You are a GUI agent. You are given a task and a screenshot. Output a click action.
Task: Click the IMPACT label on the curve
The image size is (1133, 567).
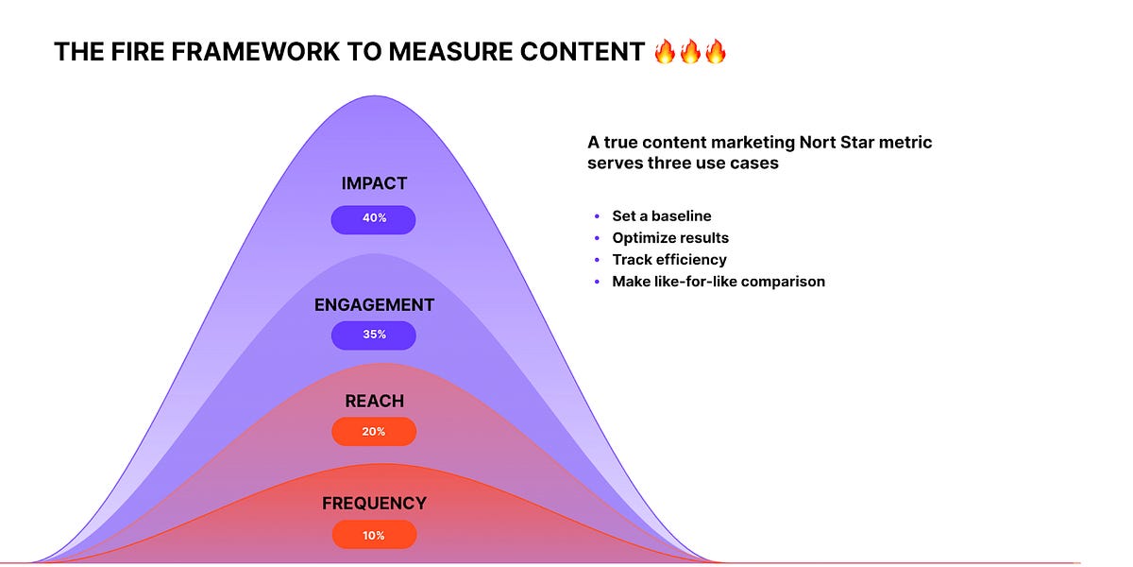click(x=374, y=184)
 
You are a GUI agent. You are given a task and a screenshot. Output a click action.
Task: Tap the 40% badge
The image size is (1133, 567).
click(x=374, y=218)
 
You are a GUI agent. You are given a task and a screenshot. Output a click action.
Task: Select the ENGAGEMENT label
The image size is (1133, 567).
click(x=374, y=305)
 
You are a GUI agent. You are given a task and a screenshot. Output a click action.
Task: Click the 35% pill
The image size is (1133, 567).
click(x=374, y=335)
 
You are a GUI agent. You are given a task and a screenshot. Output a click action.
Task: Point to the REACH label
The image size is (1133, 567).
click(x=374, y=402)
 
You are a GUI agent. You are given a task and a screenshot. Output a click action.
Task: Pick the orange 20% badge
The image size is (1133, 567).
click(x=374, y=431)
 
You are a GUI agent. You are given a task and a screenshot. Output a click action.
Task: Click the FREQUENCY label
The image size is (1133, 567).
click(x=374, y=504)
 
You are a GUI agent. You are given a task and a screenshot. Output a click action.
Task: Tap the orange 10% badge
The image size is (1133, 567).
click(x=374, y=535)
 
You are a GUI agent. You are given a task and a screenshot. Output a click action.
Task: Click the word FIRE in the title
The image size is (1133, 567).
click(x=142, y=52)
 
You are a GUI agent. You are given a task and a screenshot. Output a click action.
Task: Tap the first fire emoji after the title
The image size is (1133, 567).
click(x=666, y=51)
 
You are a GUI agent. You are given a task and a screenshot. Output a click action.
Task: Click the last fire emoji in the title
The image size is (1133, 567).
click(x=716, y=51)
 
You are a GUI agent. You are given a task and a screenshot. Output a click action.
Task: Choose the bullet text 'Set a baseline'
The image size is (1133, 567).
click(x=662, y=216)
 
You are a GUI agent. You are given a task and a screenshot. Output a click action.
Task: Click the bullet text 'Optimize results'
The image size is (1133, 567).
click(x=670, y=238)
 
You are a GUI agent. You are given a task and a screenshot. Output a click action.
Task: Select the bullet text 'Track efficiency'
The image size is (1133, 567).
click(x=669, y=260)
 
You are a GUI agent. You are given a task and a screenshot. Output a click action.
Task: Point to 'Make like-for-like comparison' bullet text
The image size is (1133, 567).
click(x=719, y=282)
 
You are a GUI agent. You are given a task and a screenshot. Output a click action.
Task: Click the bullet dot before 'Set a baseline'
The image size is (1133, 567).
click(x=597, y=216)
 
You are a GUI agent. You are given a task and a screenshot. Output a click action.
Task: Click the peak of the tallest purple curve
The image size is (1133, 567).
click(x=374, y=96)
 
